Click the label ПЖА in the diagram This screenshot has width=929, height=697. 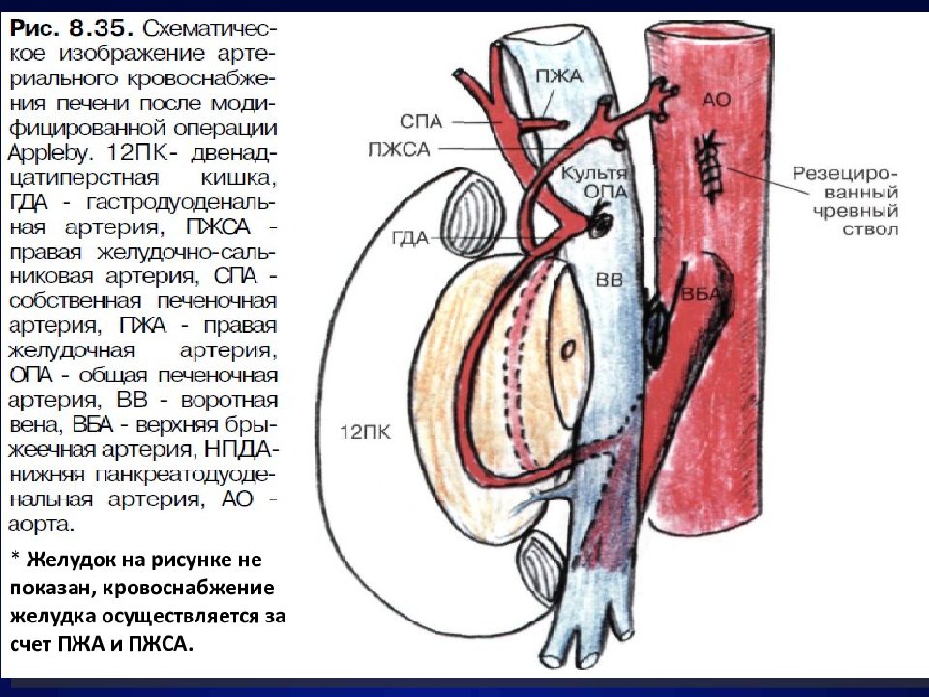click(x=558, y=76)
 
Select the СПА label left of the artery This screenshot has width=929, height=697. click(x=421, y=122)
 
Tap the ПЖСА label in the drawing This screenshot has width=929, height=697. click(x=399, y=149)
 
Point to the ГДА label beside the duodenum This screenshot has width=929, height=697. click(x=410, y=238)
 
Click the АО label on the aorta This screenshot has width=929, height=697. click(x=716, y=99)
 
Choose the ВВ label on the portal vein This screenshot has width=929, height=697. click(x=610, y=279)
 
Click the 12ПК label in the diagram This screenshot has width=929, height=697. click(x=365, y=432)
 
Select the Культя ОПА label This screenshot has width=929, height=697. click(x=593, y=182)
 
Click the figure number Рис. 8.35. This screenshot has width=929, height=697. click(x=71, y=28)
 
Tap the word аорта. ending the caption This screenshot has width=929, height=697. click(x=41, y=525)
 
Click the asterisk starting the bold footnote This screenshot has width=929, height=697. click(x=15, y=558)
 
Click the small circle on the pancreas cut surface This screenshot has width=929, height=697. click(x=568, y=349)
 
